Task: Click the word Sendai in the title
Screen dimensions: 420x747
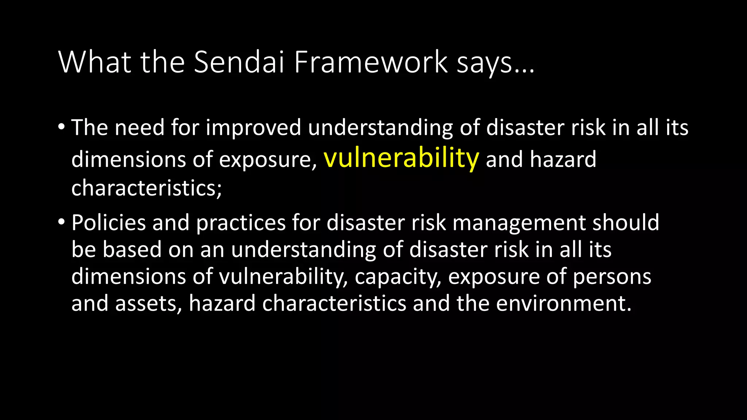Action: [239, 62]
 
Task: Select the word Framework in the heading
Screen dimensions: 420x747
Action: [371, 62]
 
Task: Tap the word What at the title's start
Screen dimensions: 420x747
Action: [94, 62]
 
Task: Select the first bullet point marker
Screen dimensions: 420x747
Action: [61, 127]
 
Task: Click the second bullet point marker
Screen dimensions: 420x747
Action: [61, 222]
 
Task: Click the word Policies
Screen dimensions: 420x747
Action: [109, 223]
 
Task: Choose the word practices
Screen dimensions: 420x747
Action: [241, 223]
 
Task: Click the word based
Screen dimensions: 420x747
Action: [132, 250]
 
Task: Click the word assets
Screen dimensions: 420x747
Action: [148, 304]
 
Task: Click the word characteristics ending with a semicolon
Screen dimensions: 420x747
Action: [146, 188]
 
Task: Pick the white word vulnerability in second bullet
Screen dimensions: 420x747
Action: [283, 277]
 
